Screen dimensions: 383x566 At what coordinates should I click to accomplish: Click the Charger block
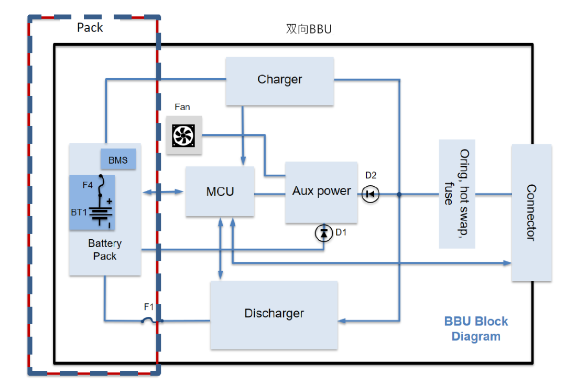coord(279,81)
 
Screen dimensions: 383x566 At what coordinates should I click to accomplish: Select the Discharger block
coord(274,314)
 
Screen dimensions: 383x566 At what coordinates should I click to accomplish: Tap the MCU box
coord(220,191)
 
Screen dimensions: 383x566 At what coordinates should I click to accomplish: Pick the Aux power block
coord(321,191)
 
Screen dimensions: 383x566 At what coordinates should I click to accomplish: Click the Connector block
coord(531,212)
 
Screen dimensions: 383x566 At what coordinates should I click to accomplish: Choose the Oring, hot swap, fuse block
coord(457,194)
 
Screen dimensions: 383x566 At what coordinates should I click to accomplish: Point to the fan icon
coord(183,136)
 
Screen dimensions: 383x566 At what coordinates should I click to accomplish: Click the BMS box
coord(118,159)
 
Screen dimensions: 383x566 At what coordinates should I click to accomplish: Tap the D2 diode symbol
coord(371,195)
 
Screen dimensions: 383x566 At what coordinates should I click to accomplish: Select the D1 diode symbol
coord(324,233)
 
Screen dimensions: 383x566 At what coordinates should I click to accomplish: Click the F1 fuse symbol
coord(148,321)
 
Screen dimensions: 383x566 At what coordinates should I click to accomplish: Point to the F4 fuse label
coord(88,185)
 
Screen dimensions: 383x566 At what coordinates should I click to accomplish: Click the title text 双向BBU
coord(309,29)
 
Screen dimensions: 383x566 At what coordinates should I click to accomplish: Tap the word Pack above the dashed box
coord(90,28)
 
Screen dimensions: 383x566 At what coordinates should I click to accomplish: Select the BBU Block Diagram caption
coord(476,329)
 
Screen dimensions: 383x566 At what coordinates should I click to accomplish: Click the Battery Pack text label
coord(105,250)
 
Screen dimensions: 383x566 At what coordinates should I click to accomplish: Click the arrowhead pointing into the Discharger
coord(343,321)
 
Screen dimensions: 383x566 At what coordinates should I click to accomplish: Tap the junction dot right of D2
coord(399,195)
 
